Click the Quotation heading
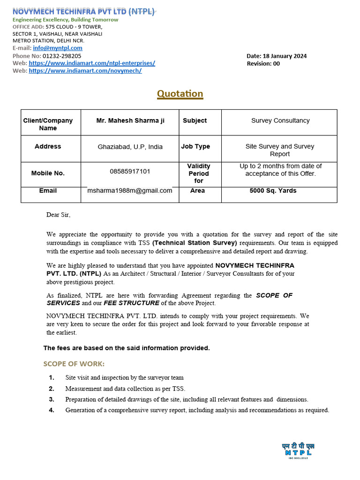tap(180, 94)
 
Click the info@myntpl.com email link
tap(58, 48)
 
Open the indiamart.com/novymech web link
tap(85, 71)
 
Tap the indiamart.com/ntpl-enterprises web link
tap(92, 63)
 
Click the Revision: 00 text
tap(263, 64)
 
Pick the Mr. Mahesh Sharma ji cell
tap(130, 121)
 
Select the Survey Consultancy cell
tap(280, 121)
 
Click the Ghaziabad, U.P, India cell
tap(130, 147)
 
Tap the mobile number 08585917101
tap(130, 172)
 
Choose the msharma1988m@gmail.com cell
tap(130, 191)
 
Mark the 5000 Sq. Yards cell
tap(273, 191)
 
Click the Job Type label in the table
tap(195, 147)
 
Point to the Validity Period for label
tap(199, 173)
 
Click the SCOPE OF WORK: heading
tap(74, 364)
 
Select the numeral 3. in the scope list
tap(52, 399)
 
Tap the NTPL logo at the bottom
tap(298, 450)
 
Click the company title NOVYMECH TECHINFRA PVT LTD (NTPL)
tap(83, 12)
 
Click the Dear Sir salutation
tap(58, 215)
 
